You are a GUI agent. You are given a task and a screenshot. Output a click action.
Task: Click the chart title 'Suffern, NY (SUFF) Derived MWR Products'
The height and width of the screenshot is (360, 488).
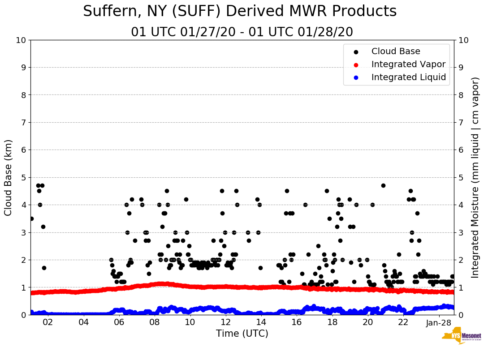(x=240, y=12)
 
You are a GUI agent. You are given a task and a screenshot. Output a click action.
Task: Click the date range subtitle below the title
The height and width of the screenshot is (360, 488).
(x=242, y=32)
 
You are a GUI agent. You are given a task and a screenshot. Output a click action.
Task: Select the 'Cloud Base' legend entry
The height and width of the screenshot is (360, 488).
(x=396, y=51)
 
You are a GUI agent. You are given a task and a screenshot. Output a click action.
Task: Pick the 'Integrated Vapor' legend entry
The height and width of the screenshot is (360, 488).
(x=408, y=64)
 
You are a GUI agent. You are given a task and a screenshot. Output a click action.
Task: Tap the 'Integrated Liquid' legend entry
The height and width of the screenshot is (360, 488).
(x=408, y=77)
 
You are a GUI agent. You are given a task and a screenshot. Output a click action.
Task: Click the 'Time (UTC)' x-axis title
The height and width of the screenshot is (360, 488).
(x=242, y=334)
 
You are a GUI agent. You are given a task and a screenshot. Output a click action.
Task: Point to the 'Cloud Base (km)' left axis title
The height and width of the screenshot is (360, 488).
(x=9, y=177)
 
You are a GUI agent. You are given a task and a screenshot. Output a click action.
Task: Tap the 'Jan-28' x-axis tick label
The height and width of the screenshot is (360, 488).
(x=439, y=322)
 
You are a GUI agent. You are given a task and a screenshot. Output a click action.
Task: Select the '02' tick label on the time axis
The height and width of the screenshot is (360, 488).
(x=48, y=322)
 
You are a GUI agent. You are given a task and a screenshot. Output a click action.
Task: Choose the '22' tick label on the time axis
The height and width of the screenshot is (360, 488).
(x=403, y=322)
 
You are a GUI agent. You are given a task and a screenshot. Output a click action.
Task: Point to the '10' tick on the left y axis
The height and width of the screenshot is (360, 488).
(x=21, y=40)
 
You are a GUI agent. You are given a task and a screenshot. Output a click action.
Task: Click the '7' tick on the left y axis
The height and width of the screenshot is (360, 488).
(x=23, y=123)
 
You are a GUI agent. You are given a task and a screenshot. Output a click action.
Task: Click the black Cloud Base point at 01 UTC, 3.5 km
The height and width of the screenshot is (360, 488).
(x=31, y=219)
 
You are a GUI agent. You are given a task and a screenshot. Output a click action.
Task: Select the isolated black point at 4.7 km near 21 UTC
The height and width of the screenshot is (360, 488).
(x=383, y=185)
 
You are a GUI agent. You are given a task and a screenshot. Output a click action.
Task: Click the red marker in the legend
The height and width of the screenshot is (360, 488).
(x=356, y=64)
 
